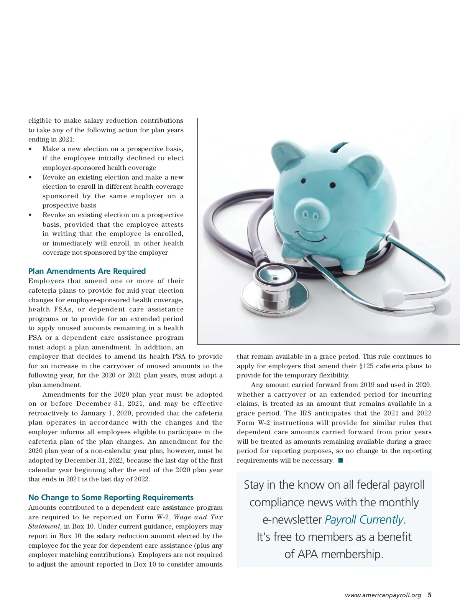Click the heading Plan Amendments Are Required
[87, 271]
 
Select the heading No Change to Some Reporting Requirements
[111, 497]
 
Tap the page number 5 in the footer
[430, 595]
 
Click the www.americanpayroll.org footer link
[383, 596]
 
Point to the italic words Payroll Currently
[364, 520]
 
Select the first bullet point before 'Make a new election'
[30, 149]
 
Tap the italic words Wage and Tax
[198, 517]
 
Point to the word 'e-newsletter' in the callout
[292, 520]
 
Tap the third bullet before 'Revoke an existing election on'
[30, 215]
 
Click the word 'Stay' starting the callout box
[254, 485]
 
